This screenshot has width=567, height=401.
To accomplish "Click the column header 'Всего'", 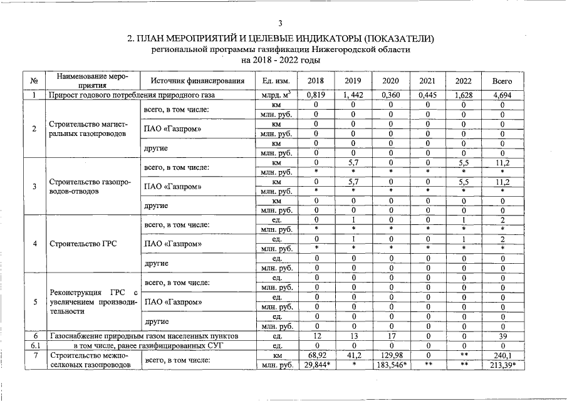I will [502, 81].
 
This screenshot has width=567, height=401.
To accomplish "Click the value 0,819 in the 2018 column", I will [317, 96].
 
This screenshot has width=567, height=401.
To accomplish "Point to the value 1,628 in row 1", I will [464, 96].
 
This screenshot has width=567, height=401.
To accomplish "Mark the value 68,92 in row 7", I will [317, 356].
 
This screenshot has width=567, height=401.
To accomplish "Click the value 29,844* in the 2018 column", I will [317, 365].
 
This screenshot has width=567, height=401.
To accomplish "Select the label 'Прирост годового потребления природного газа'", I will [132, 96].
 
